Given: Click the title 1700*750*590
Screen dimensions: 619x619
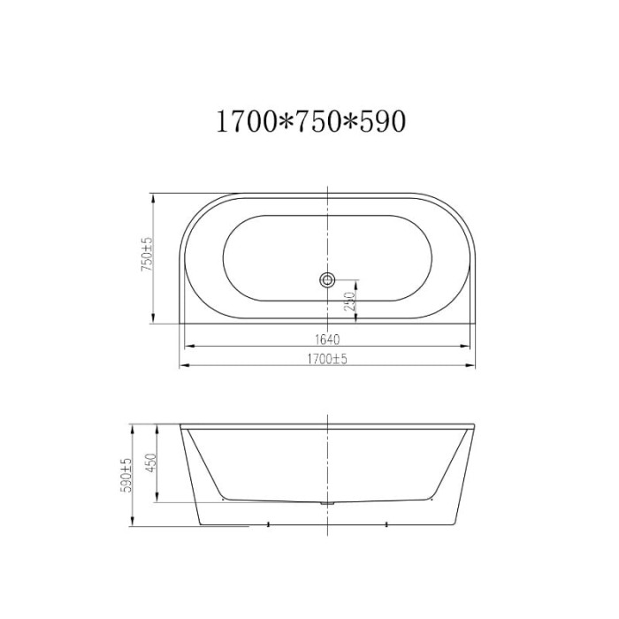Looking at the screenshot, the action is [x=311, y=121].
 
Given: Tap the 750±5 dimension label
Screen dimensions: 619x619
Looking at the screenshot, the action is [x=147, y=255].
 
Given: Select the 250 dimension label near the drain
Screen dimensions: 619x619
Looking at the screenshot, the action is [x=350, y=302].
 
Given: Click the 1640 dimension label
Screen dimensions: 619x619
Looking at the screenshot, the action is [x=327, y=339].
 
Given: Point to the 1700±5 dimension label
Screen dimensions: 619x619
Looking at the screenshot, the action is [x=327, y=359].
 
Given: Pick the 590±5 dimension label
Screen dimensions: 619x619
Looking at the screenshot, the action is [x=126, y=476].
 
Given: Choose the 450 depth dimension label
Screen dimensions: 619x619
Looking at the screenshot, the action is [x=151, y=462].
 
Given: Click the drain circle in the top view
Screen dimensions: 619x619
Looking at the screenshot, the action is [x=327, y=280].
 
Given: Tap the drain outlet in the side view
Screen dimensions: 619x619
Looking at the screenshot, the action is [x=327, y=503].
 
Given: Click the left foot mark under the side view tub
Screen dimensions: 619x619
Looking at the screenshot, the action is [x=269, y=523].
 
